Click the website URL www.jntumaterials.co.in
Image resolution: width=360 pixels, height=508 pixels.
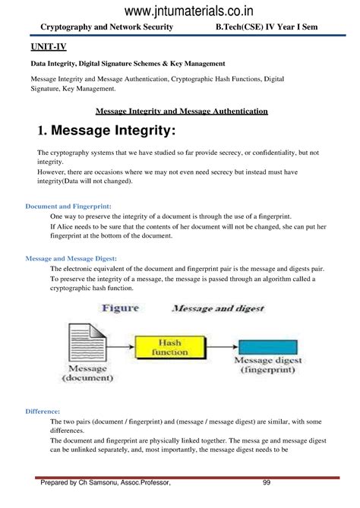(179, 10)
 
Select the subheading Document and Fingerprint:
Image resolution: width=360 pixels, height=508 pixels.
(68, 206)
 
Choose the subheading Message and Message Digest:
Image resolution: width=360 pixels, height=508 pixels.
(71, 258)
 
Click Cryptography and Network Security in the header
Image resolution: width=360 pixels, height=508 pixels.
(101, 27)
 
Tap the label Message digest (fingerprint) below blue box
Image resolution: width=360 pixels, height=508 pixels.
(268, 366)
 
